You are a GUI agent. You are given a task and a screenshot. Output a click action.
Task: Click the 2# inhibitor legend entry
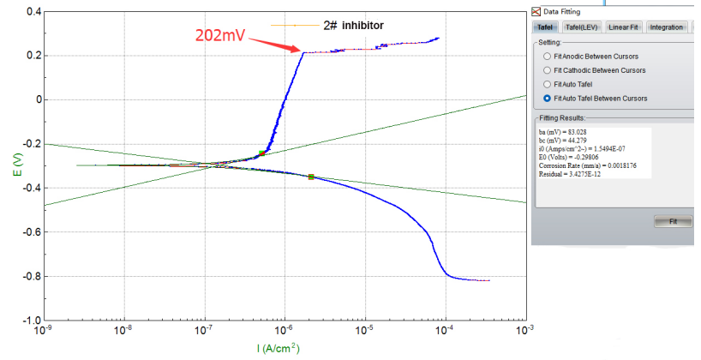click(352, 26)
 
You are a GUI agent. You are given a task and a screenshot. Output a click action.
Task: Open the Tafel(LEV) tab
click(582, 27)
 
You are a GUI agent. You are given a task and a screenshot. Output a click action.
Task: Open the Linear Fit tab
click(623, 27)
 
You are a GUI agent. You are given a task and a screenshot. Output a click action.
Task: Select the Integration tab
click(666, 27)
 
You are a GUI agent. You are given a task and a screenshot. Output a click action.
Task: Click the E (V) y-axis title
click(15, 165)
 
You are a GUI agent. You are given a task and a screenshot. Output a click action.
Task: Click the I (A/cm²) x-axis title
click(279, 348)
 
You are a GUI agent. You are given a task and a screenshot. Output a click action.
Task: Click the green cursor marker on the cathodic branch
click(311, 177)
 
